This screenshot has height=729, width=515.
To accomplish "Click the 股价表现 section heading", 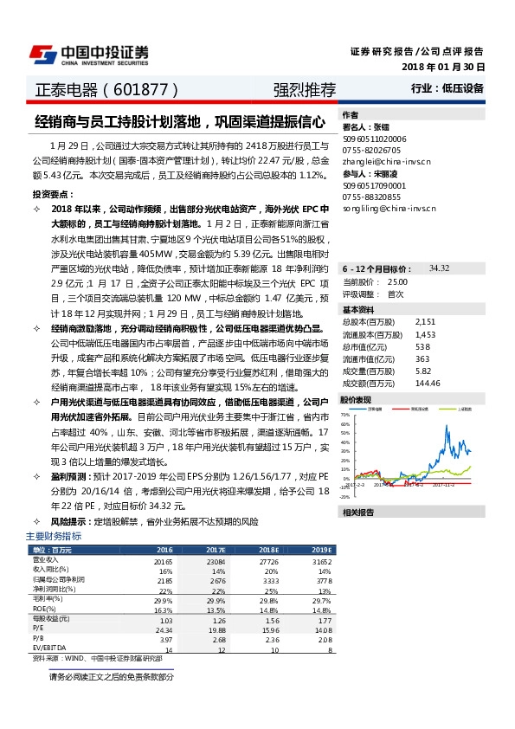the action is [356, 400].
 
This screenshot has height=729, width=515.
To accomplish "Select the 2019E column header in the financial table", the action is [321, 550].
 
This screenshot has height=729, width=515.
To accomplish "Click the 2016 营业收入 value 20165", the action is [163, 561].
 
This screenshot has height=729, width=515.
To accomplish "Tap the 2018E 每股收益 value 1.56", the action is [269, 621].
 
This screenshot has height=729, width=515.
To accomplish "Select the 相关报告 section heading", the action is [356, 513].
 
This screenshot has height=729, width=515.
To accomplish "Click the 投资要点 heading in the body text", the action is [49, 194].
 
